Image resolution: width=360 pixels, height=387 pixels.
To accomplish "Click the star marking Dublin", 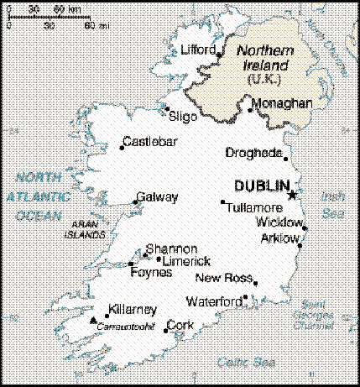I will coord(292,195).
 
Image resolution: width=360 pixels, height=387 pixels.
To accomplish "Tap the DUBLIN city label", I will coord(261,186).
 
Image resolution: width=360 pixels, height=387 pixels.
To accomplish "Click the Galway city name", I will coord(158,197).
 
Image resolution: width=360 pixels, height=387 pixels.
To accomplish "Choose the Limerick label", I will coord(185,261).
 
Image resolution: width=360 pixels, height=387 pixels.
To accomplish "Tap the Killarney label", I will coord(132,308).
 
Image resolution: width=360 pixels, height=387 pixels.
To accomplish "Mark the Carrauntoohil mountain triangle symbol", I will coord(93,320).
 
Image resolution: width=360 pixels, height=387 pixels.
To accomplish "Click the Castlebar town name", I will coord(150,141).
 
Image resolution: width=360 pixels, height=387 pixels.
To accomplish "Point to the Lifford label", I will coord(198,50).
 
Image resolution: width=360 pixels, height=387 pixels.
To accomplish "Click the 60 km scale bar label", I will coord(63,8).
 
